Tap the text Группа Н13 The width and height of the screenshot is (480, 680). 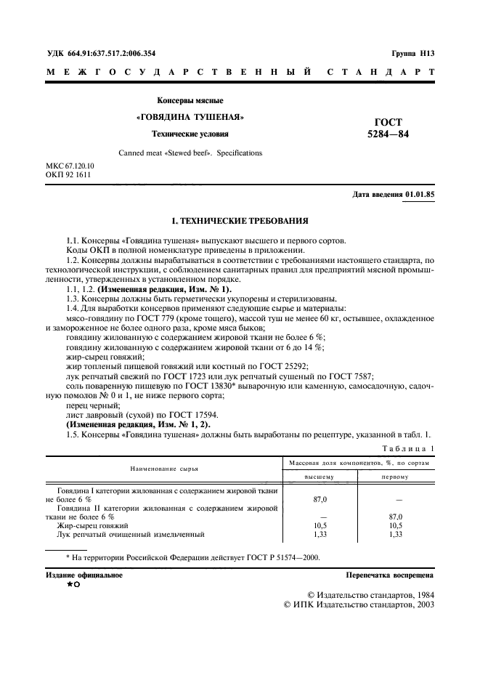tap(412, 53)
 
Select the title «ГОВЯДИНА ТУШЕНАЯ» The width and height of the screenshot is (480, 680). tap(190, 117)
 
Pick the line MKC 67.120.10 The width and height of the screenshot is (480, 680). tap(70, 166)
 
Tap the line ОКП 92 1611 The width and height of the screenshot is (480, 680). tap(65, 176)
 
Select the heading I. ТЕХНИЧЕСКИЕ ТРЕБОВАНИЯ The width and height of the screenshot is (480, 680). tap(240, 220)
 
